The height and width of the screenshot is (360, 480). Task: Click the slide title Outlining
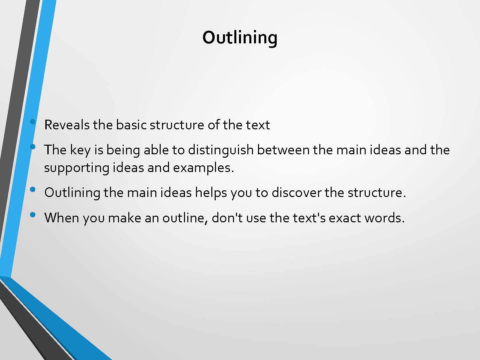(x=240, y=38)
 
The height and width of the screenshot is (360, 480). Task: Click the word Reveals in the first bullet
(x=67, y=125)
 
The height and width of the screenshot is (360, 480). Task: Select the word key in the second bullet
(x=80, y=151)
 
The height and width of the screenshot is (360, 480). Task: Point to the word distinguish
(x=221, y=151)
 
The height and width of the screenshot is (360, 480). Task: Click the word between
(x=283, y=150)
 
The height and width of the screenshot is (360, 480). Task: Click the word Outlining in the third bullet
(x=72, y=193)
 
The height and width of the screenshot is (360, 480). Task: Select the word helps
(x=211, y=193)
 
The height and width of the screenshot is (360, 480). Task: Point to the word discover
(x=296, y=193)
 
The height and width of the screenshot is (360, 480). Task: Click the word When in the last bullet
(x=62, y=218)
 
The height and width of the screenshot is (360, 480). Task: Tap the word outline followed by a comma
(x=185, y=218)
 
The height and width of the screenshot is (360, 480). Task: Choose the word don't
(x=227, y=218)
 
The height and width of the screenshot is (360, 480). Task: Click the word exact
(x=344, y=218)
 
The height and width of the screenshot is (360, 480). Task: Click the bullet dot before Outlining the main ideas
(x=33, y=189)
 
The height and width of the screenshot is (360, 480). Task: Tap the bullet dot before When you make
(x=33, y=215)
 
